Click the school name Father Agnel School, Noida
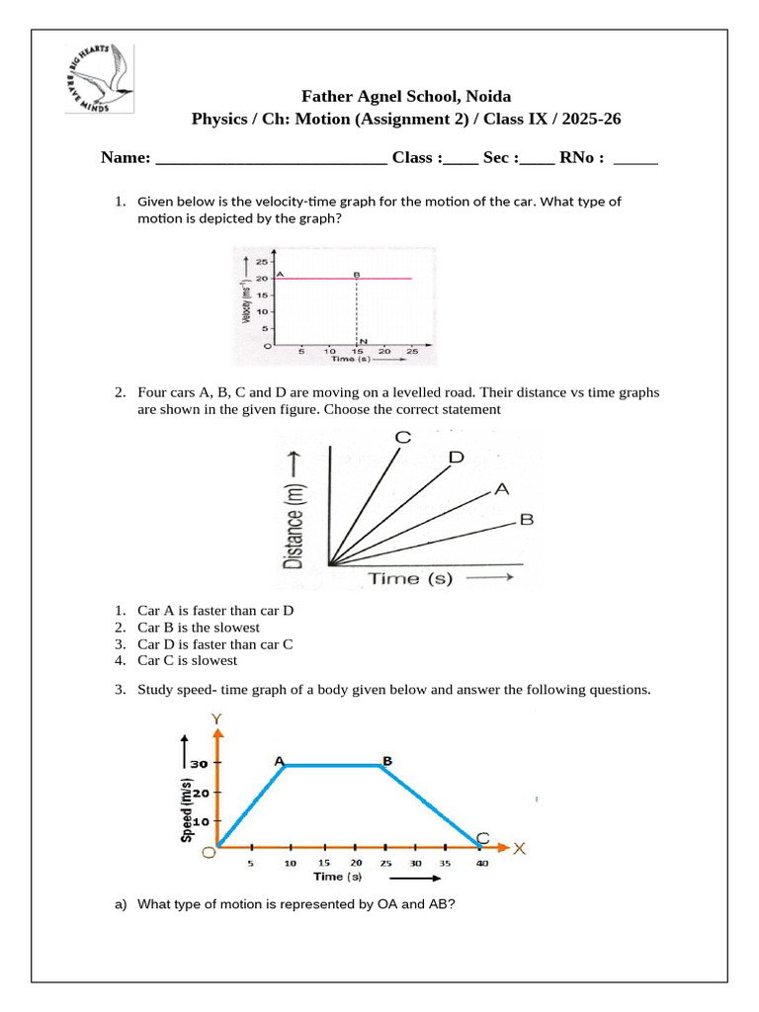click(406, 96)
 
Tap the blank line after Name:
click(271, 158)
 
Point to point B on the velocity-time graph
click(356, 273)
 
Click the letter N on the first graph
click(365, 340)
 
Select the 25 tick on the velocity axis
click(261, 262)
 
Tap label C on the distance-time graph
click(402, 438)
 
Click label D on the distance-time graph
click(456, 458)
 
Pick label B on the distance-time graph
click(526, 520)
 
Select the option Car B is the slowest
click(198, 628)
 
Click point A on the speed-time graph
click(280, 760)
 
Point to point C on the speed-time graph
click(481, 838)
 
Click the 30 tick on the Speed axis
click(200, 764)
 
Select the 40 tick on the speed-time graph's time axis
click(481, 864)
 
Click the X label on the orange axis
click(520, 848)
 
